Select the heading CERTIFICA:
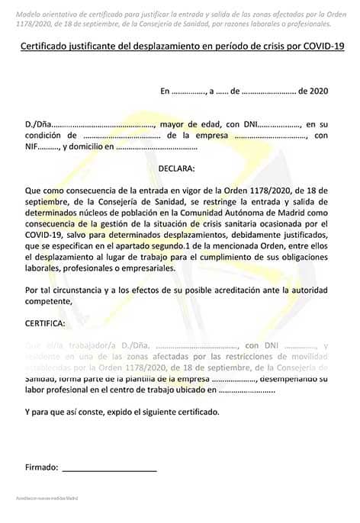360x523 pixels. pyautogui.click(x=45, y=323)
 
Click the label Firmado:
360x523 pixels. pyautogui.click(x=41, y=466)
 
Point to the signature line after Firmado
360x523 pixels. pyautogui.click(x=109, y=468)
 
